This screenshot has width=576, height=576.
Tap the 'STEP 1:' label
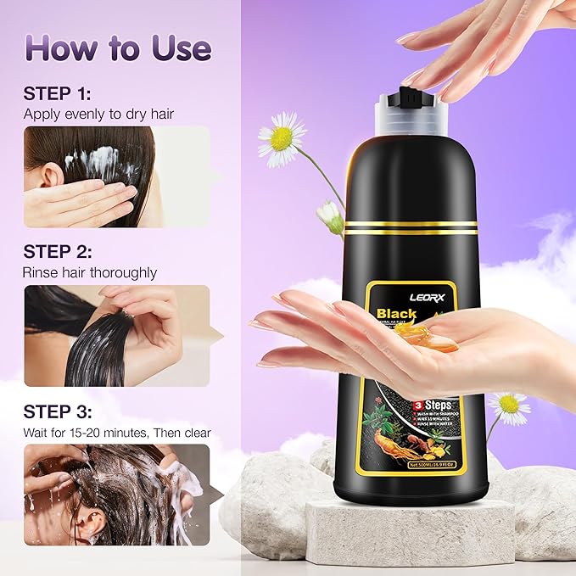click(58, 93)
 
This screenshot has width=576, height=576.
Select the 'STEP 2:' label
click(58, 251)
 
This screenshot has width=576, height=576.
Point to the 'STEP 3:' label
click(58, 411)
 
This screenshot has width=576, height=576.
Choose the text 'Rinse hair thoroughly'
click(90, 272)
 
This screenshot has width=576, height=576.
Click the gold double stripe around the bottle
click(411, 227)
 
